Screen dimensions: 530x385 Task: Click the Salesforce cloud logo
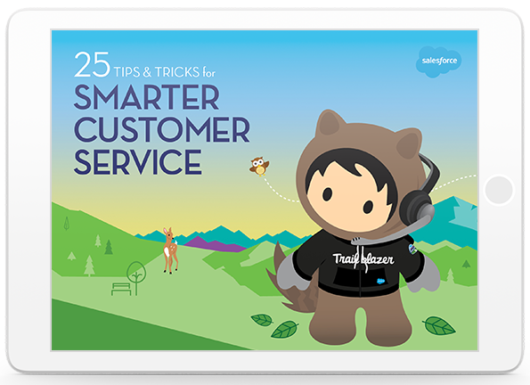(x=438, y=61)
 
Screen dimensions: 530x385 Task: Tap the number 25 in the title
(x=93, y=64)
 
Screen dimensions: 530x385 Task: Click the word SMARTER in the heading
(x=147, y=97)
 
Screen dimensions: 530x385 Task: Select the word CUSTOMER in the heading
(x=162, y=129)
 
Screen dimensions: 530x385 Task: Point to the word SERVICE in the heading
(x=138, y=162)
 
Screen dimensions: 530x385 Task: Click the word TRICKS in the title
(x=177, y=72)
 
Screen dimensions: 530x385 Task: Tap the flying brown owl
(x=259, y=166)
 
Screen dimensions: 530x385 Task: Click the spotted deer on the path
(x=170, y=250)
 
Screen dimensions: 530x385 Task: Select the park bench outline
(x=121, y=290)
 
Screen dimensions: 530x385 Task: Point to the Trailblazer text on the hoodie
(x=363, y=259)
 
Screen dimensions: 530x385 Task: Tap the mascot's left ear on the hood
(x=329, y=123)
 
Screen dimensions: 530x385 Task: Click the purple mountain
(x=215, y=244)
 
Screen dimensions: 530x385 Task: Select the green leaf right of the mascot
(x=439, y=325)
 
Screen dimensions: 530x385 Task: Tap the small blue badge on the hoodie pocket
(x=381, y=281)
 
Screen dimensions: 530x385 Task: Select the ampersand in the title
(x=147, y=72)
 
